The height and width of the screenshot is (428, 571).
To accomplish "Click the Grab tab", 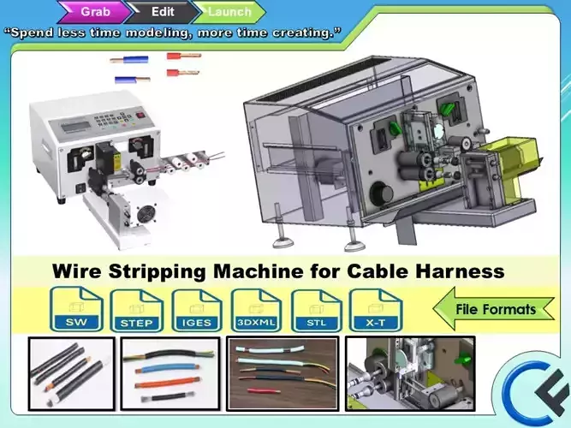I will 93,12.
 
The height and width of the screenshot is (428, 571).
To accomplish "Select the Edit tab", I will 162,12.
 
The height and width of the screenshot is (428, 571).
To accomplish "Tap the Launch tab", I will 229,12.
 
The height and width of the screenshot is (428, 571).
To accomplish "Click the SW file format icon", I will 76,310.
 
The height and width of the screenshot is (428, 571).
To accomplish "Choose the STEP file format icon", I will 137,310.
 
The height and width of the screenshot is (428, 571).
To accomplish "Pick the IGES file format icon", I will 198,310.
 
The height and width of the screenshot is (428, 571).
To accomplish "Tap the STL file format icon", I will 317,310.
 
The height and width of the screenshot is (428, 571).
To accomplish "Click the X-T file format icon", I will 375,310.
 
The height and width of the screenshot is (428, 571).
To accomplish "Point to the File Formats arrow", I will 493,309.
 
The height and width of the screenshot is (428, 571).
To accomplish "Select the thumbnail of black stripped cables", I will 71,373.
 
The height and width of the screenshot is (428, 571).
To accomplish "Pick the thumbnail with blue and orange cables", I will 170,373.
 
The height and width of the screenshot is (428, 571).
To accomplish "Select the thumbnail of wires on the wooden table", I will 283,373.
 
